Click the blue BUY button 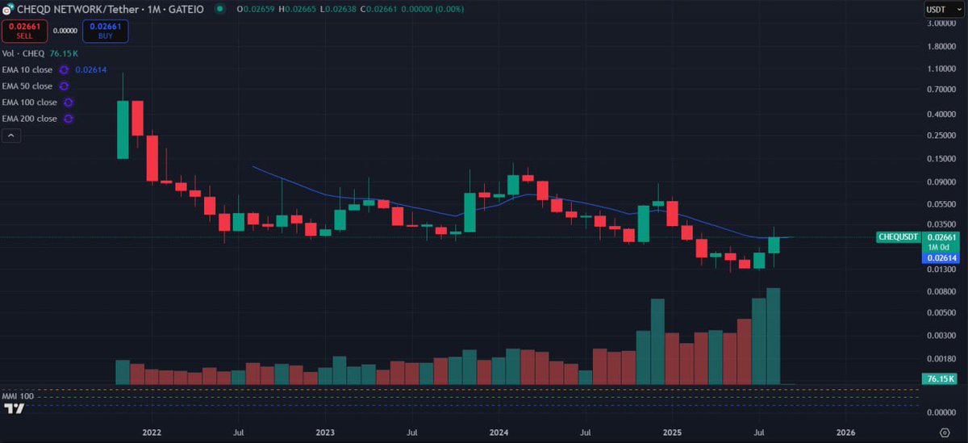click(105, 31)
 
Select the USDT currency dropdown click(939, 10)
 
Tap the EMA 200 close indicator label click(29, 119)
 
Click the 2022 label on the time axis click(151, 433)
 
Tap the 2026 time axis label click(846, 433)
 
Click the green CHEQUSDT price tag click(898, 237)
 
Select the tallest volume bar click(774, 336)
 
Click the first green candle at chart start click(123, 129)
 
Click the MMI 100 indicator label click(18, 397)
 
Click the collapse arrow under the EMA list click(11, 136)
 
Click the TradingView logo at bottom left click(14, 409)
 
